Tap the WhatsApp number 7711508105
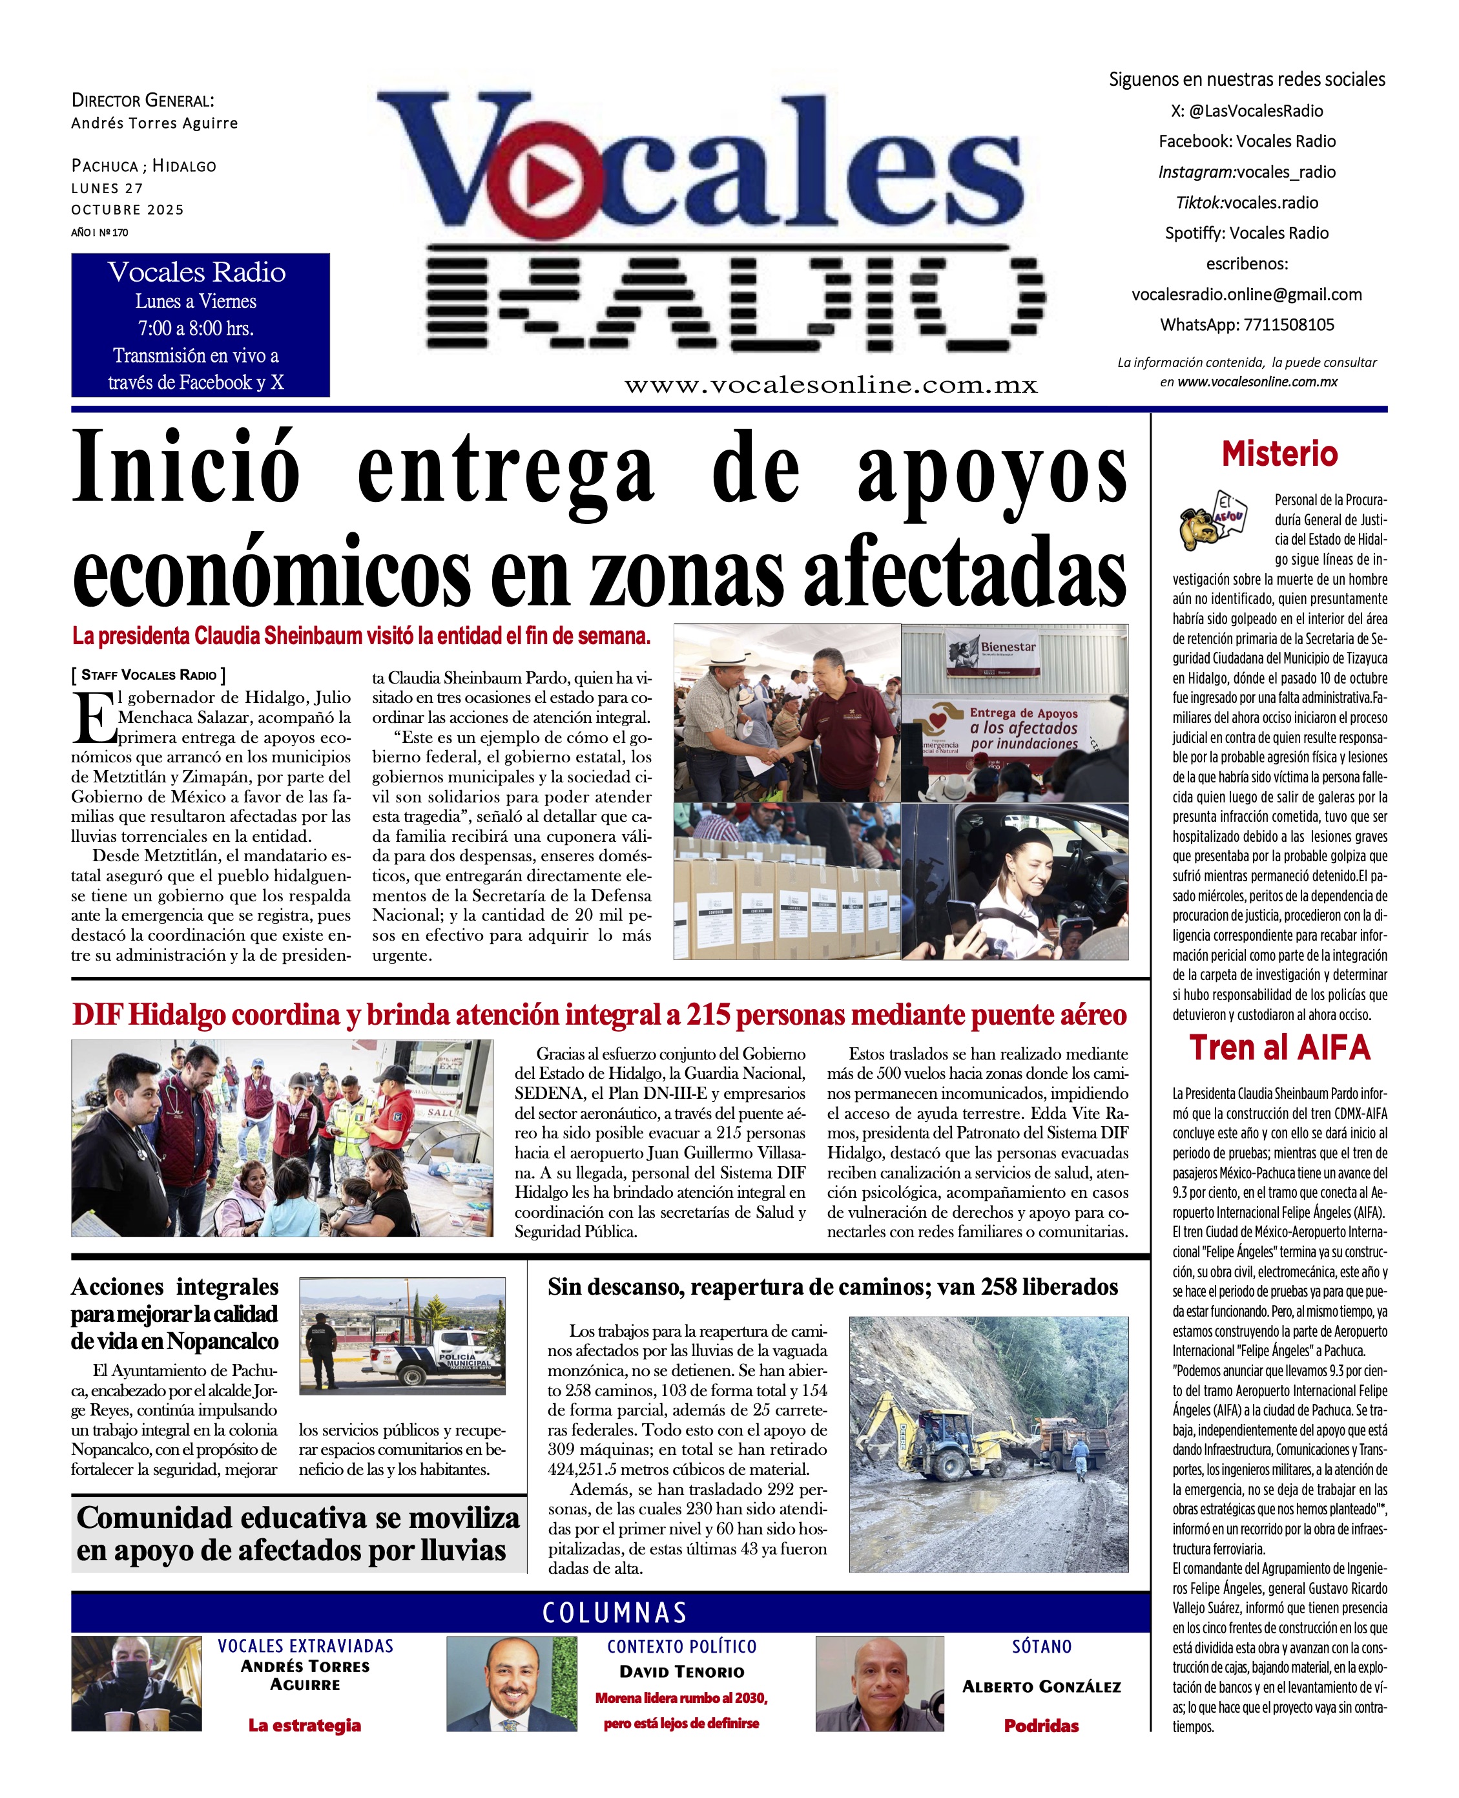[1288, 324]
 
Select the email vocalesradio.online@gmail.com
[1247, 294]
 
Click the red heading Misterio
[1279, 454]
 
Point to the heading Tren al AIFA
[1279, 1047]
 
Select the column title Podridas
[1041, 1726]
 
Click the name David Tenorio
[681, 1672]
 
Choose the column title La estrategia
[304, 1725]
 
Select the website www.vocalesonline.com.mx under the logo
[831, 385]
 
